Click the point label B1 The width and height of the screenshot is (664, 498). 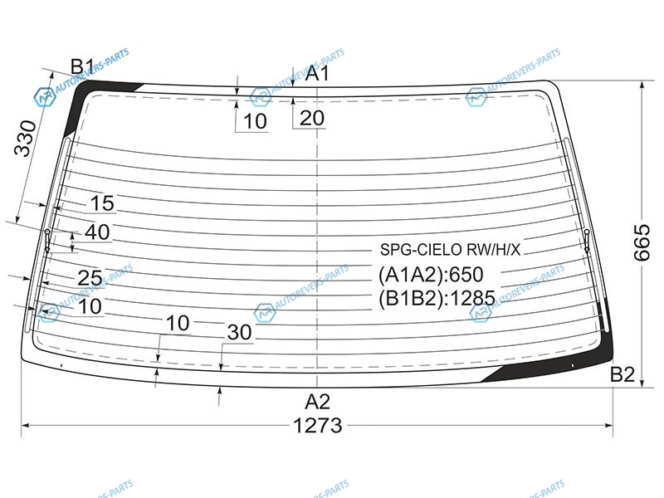pyautogui.click(x=82, y=66)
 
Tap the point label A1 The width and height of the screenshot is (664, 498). pyautogui.click(x=317, y=73)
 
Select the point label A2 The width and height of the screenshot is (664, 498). pyautogui.click(x=317, y=402)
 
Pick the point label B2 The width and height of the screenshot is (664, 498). pyautogui.click(x=622, y=374)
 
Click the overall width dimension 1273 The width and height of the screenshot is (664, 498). pyautogui.click(x=318, y=425)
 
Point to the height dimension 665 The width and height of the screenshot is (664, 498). pyautogui.click(x=642, y=242)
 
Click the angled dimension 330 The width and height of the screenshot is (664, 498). pyautogui.click(x=26, y=139)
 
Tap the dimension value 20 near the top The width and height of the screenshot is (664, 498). pyautogui.click(x=312, y=118)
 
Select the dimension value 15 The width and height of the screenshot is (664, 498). pyautogui.click(x=102, y=203)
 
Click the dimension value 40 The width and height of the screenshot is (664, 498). pyautogui.click(x=97, y=232)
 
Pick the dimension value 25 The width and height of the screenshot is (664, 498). pyautogui.click(x=90, y=278)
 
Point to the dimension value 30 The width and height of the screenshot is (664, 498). pyautogui.click(x=239, y=333)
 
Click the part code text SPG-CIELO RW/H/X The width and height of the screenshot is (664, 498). pyautogui.click(x=450, y=250)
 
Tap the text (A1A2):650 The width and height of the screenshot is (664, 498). pyautogui.click(x=431, y=275)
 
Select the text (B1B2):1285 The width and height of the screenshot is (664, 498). pyautogui.click(x=437, y=298)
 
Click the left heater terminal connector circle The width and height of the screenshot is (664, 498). pyautogui.click(x=47, y=232)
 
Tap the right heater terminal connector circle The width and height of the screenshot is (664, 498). pyautogui.click(x=587, y=232)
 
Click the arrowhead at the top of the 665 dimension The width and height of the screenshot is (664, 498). pyautogui.click(x=642, y=84)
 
